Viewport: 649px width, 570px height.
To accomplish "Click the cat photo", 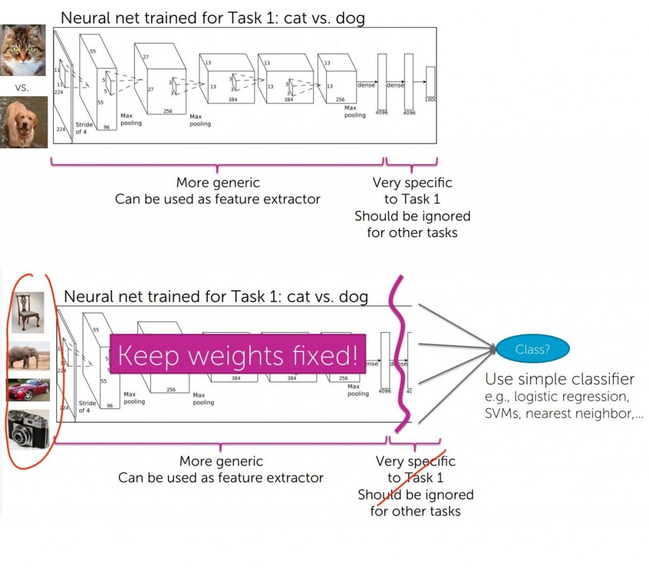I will (x=23, y=50).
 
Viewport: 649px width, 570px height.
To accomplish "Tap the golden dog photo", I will (x=23, y=122).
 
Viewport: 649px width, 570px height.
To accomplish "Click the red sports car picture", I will (x=28, y=390).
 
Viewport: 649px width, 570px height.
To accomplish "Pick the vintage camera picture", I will (x=28, y=429).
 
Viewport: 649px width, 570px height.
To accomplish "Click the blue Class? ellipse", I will (x=532, y=348).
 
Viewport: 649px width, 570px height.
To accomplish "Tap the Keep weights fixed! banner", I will (x=238, y=354).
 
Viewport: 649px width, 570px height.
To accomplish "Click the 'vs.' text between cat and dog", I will (x=22, y=87).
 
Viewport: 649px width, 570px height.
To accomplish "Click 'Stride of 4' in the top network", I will (x=84, y=128).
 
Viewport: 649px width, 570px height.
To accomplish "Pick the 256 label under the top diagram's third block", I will (x=168, y=110).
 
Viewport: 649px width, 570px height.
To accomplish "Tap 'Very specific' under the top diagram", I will (x=412, y=183).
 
